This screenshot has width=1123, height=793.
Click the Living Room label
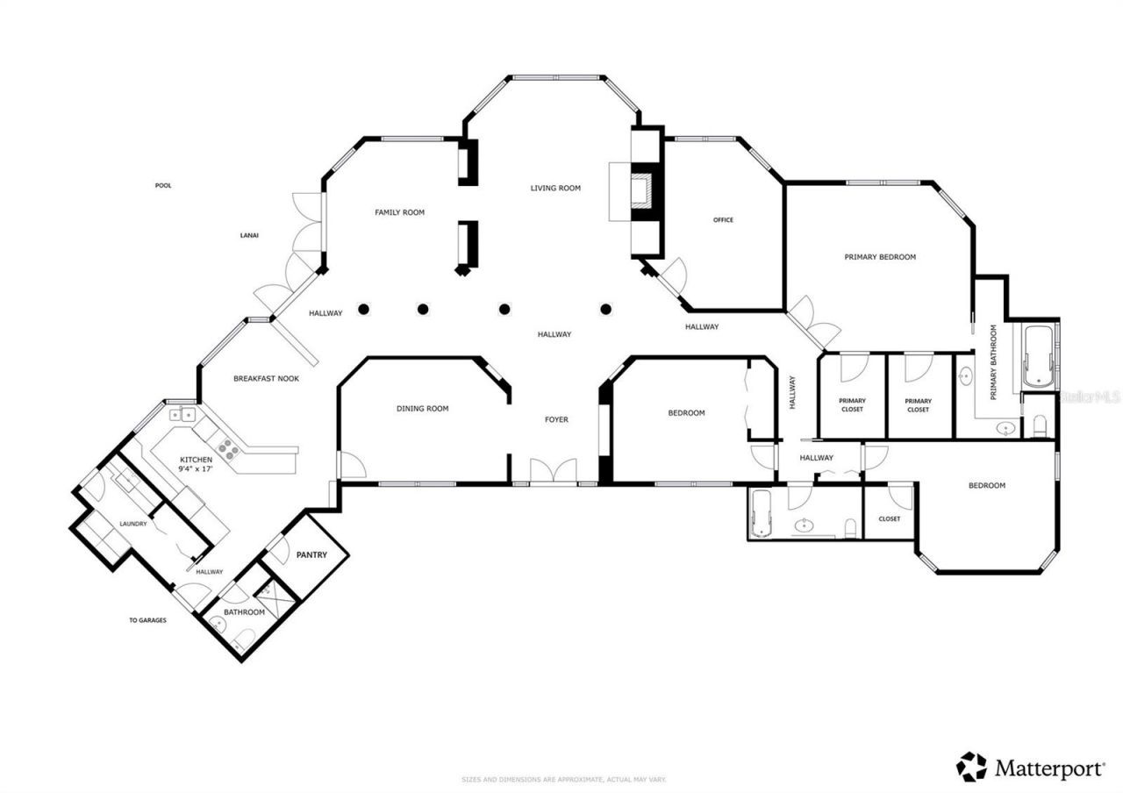tap(554, 188)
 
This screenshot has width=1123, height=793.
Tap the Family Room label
tap(399, 212)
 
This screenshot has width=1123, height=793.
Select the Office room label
tap(723, 220)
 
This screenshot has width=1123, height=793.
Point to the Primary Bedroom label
tap(880, 257)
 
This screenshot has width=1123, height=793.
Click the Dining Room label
tap(422, 409)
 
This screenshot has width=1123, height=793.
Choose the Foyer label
tap(556, 420)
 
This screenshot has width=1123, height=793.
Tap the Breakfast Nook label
tap(266, 379)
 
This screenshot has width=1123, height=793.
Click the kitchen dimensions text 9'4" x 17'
tap(197, 469)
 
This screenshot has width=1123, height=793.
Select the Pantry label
tap(311, 555)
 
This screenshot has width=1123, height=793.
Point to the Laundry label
tap(133, 525)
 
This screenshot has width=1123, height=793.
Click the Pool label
tap(163, 186)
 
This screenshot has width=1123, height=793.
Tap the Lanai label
tap(249, 235)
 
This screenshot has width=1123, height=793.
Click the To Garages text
tap(147, 620)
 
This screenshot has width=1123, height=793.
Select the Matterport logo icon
tap(971, 767)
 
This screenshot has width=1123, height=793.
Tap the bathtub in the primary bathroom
tap(1039, 356)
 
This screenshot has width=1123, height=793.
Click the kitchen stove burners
tap(228, 450)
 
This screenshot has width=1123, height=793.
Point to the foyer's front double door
tap(553, 471)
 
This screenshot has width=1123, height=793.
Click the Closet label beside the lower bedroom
tap(889, 518)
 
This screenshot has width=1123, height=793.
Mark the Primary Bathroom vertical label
tap(994, 362)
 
